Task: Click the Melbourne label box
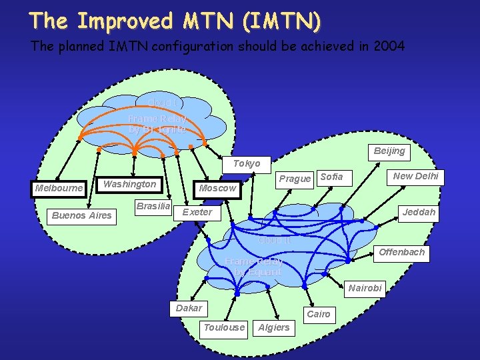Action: pos(59,189)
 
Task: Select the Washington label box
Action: pos(130,184)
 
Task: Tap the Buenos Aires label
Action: pos(82,215)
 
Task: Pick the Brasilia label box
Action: pos(153,206)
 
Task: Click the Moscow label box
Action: pos(217,188)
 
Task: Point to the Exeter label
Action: pos(197,212)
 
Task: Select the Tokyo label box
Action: pos(247,163)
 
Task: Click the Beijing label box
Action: pos(389,151)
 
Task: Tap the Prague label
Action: pos(295,178)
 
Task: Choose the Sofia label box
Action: pos(331,177)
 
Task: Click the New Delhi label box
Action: pos(416,176)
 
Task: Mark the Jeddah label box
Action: pos(419,212)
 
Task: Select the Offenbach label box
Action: pos(401,252)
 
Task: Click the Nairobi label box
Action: pos(365,288)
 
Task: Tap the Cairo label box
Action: pos(318,313)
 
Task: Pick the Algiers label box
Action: pos(274,327)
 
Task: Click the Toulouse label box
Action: pos(224,327)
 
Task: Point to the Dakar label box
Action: pos(189,308)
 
